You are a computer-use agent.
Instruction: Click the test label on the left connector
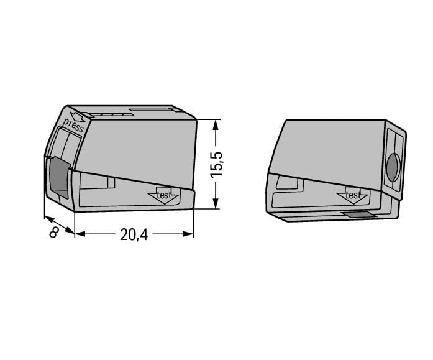click(163, 195)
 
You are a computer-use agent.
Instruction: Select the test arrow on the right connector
click(352, 196)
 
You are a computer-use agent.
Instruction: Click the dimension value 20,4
click(134, 234)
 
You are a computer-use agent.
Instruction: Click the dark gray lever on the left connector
click(59, 178)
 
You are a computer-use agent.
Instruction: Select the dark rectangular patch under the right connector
click(359, 215)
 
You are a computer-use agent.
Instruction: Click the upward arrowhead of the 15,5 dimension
click(216, 124)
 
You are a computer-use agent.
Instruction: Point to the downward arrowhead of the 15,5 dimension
click(216, 204)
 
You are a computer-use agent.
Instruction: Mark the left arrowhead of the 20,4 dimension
click(80, 234)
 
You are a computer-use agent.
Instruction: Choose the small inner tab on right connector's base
click(287, 182)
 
